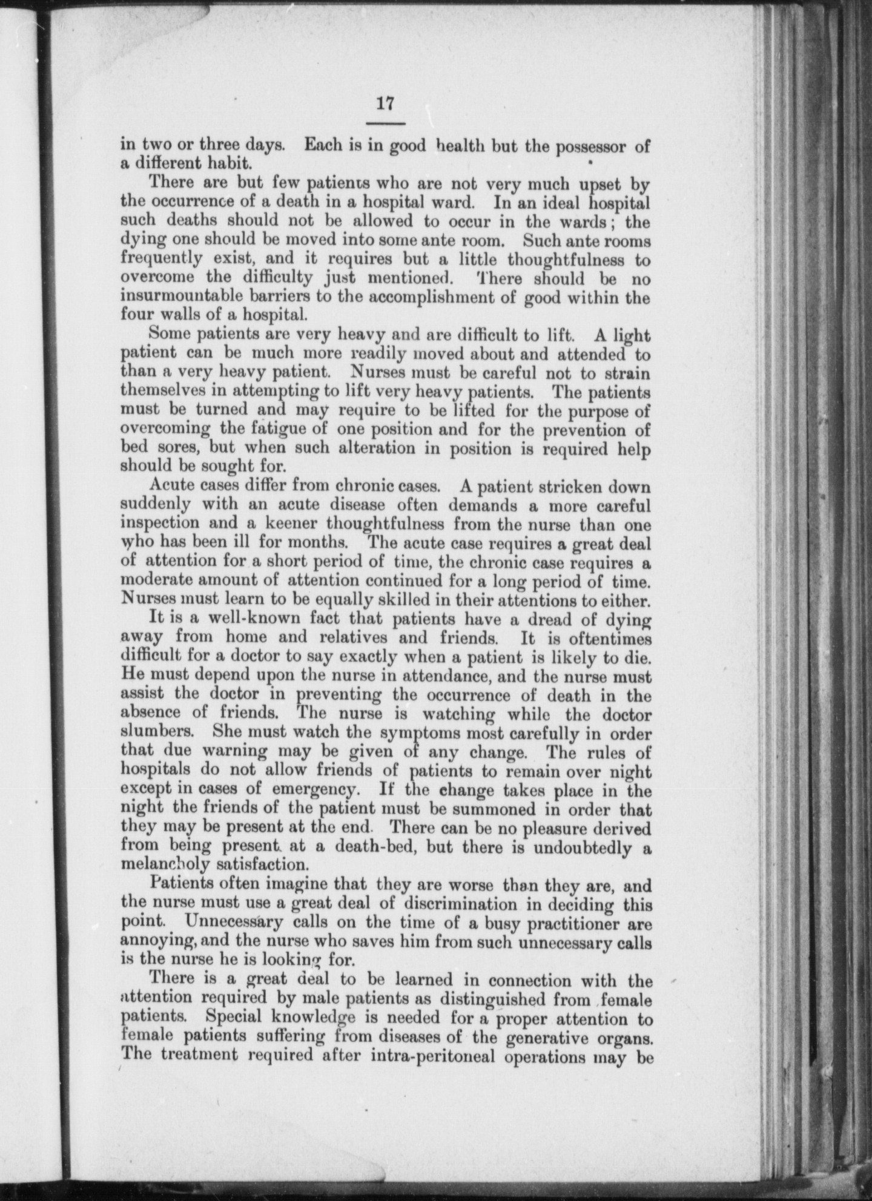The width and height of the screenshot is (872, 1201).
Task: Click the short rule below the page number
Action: pyautogui.click(x=385, y=123)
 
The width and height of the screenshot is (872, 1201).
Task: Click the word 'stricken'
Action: pyautogui.click(x=563, y=486)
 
